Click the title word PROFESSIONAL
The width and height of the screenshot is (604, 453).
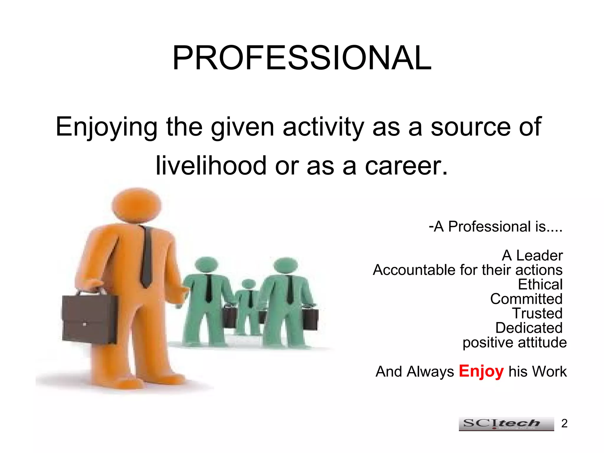302,58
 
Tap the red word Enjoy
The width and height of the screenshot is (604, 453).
481,371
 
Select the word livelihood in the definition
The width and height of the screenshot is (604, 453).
211,166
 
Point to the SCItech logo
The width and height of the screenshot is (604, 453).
506,424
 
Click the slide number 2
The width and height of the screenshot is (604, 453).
564,424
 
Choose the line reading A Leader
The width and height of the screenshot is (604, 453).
532,255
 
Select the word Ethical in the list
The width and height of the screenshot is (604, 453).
540,285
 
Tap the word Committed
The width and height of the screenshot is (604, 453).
526,299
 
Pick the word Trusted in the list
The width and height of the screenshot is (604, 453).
537,314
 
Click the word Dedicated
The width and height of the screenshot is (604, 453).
529,328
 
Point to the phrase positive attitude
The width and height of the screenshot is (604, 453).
514,343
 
